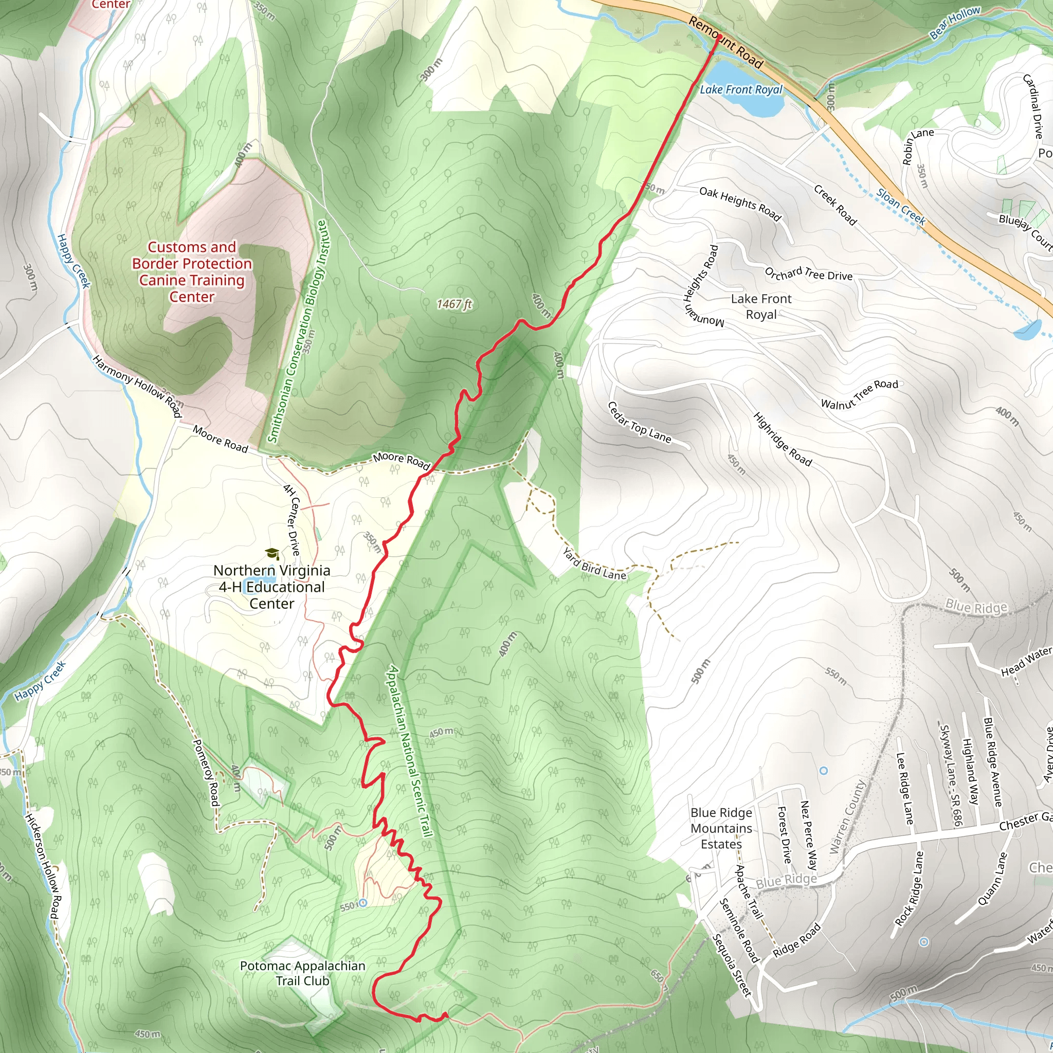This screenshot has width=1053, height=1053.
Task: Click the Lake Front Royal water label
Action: tap(741, 89)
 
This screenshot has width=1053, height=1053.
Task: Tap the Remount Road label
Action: tap(725, 42)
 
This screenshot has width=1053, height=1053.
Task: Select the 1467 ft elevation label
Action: tap(454, 304)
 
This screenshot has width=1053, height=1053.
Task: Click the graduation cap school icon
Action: tap(272, 554)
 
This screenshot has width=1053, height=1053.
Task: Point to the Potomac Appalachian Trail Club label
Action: tap(302, 973)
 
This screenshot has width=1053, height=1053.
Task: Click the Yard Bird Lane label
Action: tap(594, 564)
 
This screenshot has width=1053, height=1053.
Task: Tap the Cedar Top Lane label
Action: tap(639, 423)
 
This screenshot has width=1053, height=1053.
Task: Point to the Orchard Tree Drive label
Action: tap(808, 274)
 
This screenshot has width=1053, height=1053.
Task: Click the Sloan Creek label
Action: tap(901, 207)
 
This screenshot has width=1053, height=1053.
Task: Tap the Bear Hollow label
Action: tap(954, 23)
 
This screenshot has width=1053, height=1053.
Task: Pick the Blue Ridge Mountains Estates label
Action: tap(721, 828)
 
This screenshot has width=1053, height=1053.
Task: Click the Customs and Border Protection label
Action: tap(192, 271)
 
